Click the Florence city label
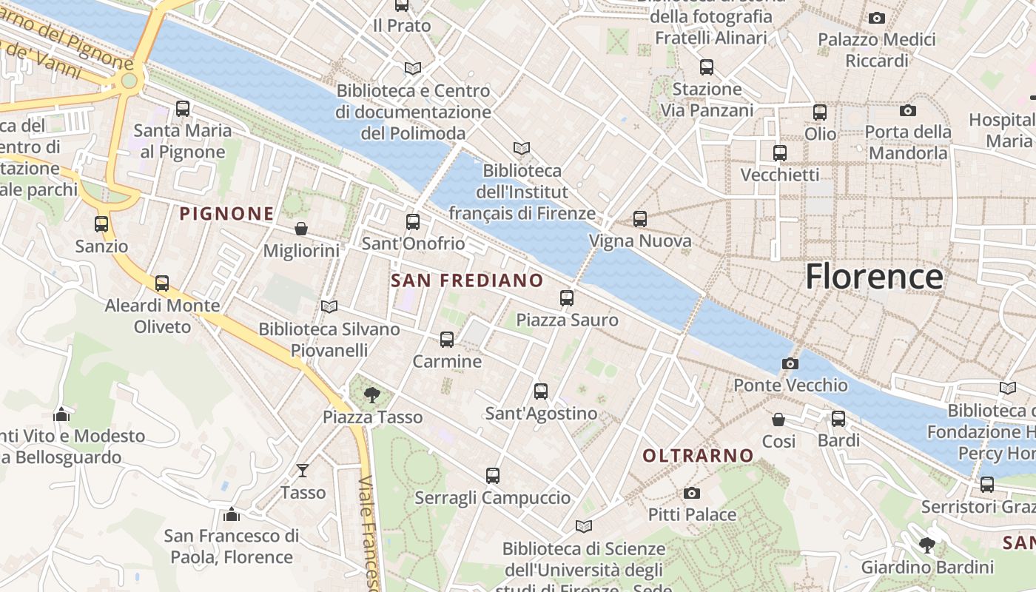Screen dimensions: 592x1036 click(874, 277)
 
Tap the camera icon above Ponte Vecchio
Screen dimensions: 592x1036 click(790, 363)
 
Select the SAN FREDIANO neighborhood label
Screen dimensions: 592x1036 click(467, 280)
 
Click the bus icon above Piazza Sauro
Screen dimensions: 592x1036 click(567, 298)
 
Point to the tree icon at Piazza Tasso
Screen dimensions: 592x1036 click(372, 395)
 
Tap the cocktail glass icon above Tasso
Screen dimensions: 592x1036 click(303, 471)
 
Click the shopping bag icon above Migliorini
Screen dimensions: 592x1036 click(301, 229)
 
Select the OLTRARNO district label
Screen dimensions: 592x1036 click(698, 456)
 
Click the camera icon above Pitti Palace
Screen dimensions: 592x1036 click(692, 493)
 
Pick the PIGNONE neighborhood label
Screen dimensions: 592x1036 click(226, 214)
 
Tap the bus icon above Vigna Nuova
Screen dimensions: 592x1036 click(640, 219)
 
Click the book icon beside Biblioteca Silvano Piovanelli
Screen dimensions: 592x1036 click(329, 306)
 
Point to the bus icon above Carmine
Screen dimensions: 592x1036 click(447, 340)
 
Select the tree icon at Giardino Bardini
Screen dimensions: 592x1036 click(926, 546)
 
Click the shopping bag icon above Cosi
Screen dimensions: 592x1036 click(778, 420)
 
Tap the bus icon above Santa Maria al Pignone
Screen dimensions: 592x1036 click(183, 109)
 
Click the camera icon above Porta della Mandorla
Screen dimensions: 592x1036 click(908, 110)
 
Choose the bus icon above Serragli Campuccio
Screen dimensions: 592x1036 click(493, 476)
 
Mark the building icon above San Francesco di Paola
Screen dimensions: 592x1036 click(232, 514)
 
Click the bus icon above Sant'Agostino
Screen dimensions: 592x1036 click(541, 391)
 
